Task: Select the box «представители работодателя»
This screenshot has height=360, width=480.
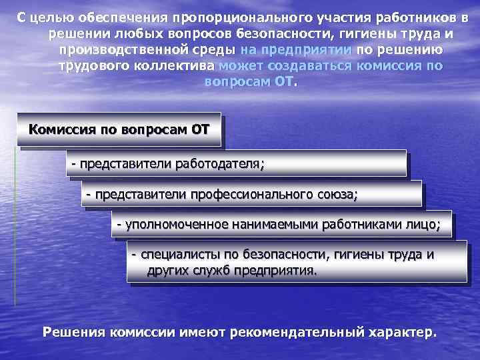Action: point(236,162)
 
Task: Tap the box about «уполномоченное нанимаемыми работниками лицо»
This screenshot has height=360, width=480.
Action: point(280,225)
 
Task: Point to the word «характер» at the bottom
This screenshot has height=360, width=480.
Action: point(400,332)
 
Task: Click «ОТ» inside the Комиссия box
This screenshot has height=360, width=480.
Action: point(200,129)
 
